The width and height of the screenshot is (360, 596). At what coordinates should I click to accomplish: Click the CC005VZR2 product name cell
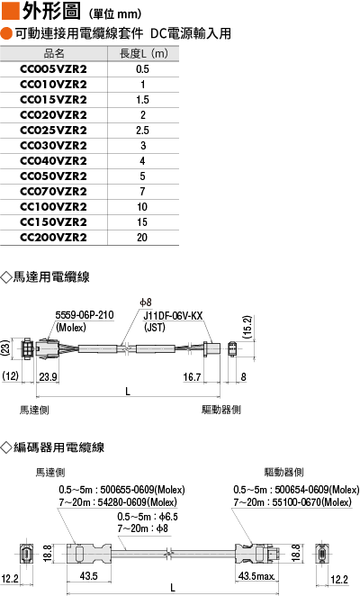[x=53, y=69]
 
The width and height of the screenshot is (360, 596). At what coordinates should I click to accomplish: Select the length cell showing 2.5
[x=142, y=131]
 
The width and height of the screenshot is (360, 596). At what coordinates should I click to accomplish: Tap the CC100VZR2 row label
[x=53, y=207]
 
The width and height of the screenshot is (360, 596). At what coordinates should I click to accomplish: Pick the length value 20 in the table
[x=142, y=237]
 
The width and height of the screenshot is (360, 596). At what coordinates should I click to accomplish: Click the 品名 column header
[x=54, y=53]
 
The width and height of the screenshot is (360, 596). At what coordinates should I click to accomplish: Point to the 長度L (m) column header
[x=144, y=53]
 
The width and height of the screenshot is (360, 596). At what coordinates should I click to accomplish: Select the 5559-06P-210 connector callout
[x=85, y=315]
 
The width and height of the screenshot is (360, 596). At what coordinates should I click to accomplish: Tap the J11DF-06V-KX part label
[x=173, y=316]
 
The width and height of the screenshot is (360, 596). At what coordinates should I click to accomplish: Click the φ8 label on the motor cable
[x=146, y=303]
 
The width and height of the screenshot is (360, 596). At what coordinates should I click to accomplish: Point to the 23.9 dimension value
[x=48, y=376]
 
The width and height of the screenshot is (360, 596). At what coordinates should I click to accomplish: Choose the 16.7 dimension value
[x=192, y=376]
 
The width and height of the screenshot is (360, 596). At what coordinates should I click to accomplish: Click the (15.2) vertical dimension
[x=247, y=327]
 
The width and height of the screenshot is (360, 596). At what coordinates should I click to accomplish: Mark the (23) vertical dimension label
[x=5, y=348]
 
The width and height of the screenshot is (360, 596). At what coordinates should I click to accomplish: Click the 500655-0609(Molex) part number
[x=142, y=490]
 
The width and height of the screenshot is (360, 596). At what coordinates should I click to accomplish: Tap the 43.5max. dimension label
[x=256, y=576]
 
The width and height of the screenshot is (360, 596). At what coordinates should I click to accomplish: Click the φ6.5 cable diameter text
[x=168, y=517]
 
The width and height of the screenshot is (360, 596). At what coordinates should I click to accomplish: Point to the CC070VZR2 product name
[x=53, y=192]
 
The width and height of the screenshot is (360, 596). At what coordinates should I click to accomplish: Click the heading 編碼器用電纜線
[x=58, y=447]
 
